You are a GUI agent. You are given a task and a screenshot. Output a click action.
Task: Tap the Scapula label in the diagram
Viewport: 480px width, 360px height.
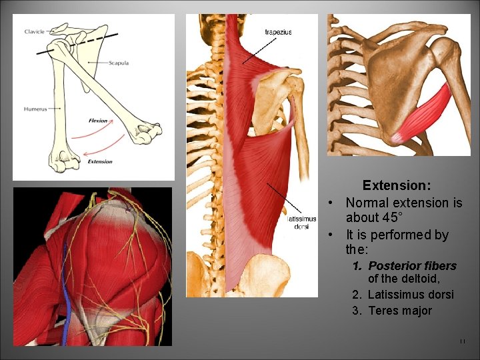click(119, 63)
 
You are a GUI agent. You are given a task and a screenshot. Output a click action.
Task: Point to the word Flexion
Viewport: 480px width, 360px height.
click(98, 121)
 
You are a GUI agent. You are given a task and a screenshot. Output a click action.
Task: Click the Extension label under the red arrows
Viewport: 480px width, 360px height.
click(100, 161)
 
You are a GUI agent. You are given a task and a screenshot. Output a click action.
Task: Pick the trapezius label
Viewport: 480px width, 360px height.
click(278, 32)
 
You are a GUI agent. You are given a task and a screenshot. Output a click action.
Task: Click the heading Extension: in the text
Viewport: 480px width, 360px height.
click(396, 185)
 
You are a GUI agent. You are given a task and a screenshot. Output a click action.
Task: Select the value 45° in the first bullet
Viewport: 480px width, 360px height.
click(388, 218)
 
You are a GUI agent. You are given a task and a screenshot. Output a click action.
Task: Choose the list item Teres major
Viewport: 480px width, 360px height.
click(399, 311)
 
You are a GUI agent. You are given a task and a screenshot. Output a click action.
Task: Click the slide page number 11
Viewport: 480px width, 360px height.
click(462, 342)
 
